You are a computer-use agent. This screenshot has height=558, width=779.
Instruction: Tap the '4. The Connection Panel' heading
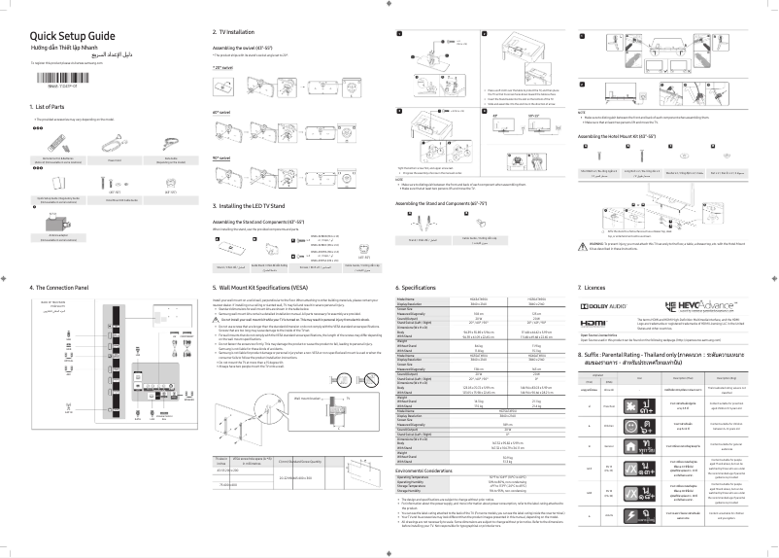[59, 288]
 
